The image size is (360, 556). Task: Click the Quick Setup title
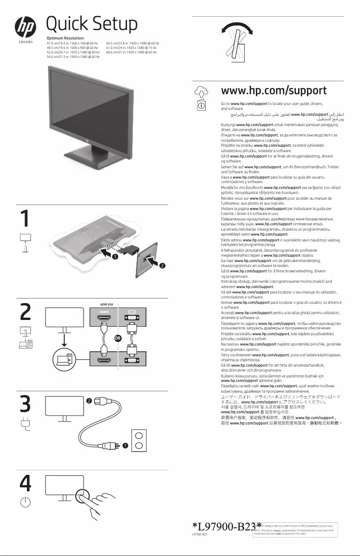(92, 23)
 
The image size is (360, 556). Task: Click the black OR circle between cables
(118, 338)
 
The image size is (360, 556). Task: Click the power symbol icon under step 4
(26, 502)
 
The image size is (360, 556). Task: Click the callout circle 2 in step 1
(162, 265)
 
